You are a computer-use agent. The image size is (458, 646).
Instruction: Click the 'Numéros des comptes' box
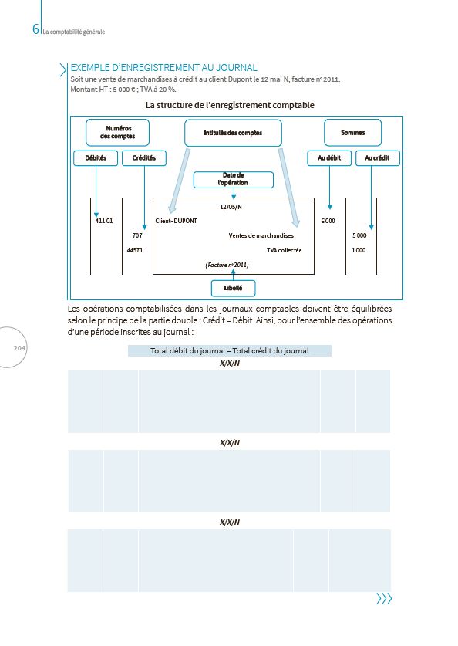click(x=117, y=133)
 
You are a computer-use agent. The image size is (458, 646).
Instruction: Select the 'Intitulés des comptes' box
click(x=233, y=133)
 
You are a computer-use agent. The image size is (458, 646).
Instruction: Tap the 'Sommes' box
click(x=353, y=133)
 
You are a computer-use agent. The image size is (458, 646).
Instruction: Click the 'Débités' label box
click(x=96, y=157)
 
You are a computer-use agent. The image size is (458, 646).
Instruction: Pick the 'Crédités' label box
click(x=144, y=157)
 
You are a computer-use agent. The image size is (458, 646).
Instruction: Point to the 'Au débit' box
click(x=329, y=157)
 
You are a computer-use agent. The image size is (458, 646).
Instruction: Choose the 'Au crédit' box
click(x=376, y=157)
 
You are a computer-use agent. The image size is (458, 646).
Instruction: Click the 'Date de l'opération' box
click(x=233, y=180)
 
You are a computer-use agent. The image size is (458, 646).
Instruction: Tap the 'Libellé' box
click(x=233, y=288)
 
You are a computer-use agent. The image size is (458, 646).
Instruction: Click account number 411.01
click(x=104, y=221)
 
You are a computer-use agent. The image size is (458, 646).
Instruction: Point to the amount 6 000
click(x=328, y=221)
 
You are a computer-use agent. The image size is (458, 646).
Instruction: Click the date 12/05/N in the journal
click(x=231, y=207)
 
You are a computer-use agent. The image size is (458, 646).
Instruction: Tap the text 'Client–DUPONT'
click(x=176, y=221)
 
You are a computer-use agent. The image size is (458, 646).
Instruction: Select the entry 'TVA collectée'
click(x=285, y=250)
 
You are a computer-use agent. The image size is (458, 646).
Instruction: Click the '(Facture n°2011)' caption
click(x=227, y=265)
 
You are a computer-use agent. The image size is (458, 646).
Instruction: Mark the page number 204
click(x=20, y=349)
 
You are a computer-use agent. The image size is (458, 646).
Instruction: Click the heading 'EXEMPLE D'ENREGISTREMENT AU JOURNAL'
click(x=163, y=68)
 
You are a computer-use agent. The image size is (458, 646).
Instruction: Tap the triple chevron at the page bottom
click(x=384, y=599)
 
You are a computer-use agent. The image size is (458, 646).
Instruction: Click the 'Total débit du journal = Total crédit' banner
click(x=230, y=350)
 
